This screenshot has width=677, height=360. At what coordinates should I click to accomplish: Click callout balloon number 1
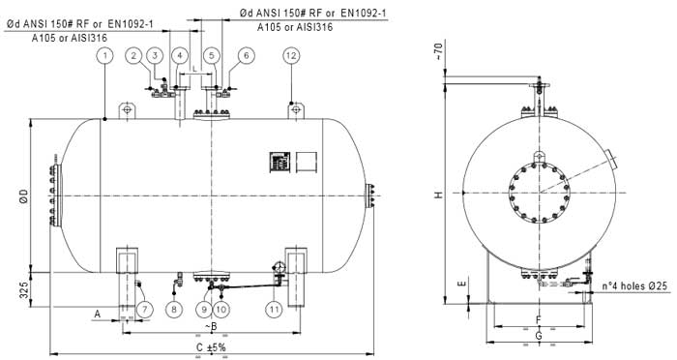104,56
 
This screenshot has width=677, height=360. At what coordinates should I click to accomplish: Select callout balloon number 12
291,56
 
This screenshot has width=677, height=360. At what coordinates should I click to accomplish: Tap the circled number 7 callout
145,309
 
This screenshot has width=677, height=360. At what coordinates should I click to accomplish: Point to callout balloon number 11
275,309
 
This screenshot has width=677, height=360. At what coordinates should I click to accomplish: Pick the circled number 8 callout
174,309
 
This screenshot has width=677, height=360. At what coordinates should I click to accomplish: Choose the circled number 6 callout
247,56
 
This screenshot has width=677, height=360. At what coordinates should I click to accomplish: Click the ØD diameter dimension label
24,195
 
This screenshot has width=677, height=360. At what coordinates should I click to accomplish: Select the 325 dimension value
24,289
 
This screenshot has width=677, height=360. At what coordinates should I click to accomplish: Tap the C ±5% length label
211,347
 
